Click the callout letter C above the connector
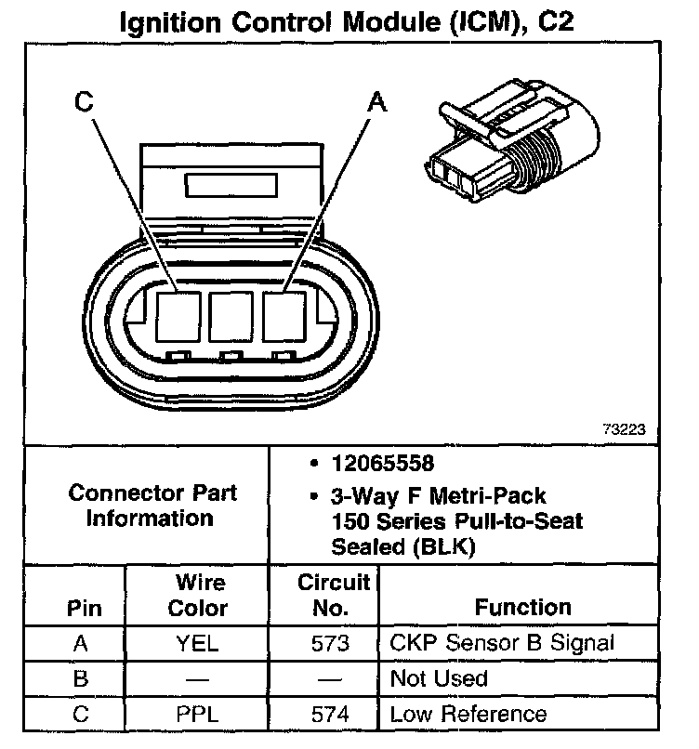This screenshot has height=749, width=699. point(85,103)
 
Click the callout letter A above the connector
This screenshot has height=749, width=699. point(377,103)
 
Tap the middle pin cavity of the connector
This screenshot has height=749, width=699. point(232,317)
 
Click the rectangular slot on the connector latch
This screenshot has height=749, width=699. point(231,184)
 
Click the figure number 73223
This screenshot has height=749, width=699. point(624,430)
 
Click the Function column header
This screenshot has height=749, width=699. point(523,608)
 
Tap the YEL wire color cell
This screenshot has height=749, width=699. point(196,643)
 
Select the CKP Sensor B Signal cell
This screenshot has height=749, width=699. point(503,643)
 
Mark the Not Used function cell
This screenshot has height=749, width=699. point(439,678)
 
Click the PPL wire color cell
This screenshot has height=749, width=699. point(196,714)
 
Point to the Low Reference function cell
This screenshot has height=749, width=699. point(468,714)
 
